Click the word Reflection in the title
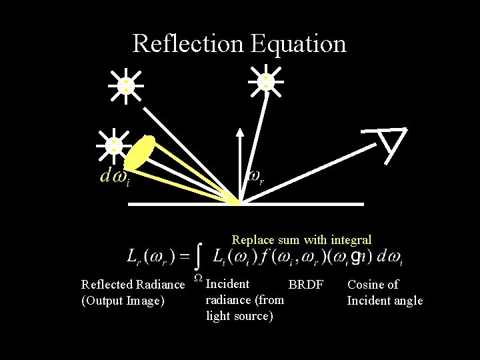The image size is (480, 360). pyautogui.click(x=189, y=43)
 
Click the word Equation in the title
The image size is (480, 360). pyautogui.click(x=299, y=43)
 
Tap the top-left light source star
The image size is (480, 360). pyautogui.click(x=126, y=85)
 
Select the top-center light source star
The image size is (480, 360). pyautogui.click(x=266, y=81)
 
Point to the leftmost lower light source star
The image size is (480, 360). pyautogui.click(x=115, y=145)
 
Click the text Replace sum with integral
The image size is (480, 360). pyautogui.click(x=301, y=239)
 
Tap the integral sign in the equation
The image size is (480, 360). pyautogui.click(x=199, y=255)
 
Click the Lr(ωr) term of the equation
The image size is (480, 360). pyautogui.click(x=151, y=256)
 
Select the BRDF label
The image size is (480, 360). pyautogui.click(x=305, y=285)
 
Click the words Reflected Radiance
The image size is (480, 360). pyautogui.click(x=133, y=285)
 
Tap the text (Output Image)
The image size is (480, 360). pyautogui.click(x=123, y=301)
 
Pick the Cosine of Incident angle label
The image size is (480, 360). pyautogui.click(x=385, y=293)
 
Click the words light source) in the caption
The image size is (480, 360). pyautogui.click(x=239, y=316)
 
